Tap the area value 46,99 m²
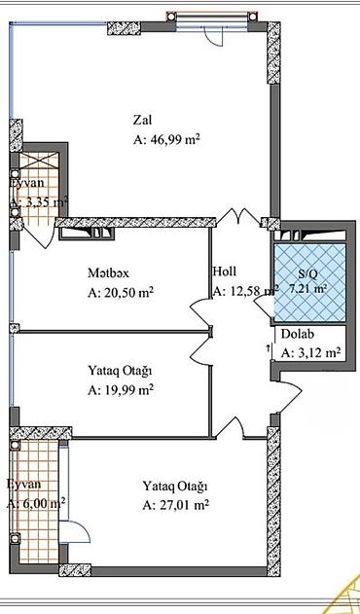pos(166,140)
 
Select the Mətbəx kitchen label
pos(109,272)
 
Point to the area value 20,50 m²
pos(122,292)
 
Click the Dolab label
pos(297,336)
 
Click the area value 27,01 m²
pos(176,505)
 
